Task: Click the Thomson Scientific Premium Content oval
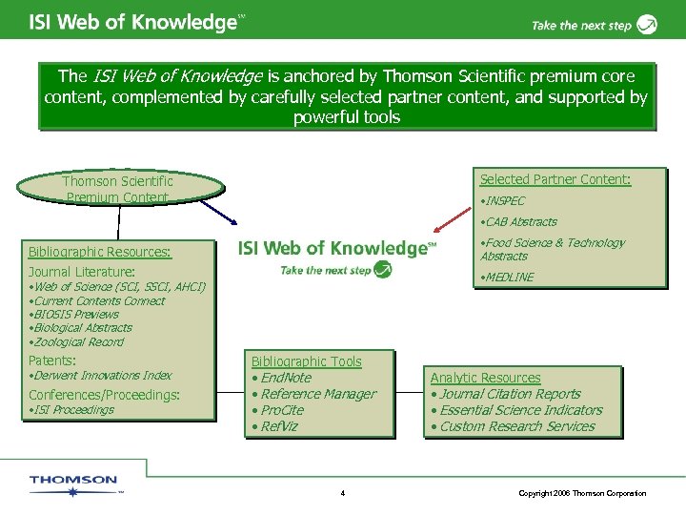[118, 189]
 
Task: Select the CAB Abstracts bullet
[519, 222]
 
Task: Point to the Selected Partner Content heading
[555, 179]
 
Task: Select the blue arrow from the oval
[249, 205]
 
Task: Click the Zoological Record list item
[77, 342]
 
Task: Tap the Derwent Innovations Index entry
[101, 376]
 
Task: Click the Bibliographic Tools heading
[306, 361]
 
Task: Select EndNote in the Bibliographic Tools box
[283, 378]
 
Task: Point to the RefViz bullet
[275, 426]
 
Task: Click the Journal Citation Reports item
[507, 394]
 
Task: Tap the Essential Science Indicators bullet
[518, 410]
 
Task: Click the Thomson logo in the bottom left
[73, 484]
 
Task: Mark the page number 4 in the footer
[342, 493]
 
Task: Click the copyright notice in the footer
[582, 493]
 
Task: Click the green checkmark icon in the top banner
[647, 24]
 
